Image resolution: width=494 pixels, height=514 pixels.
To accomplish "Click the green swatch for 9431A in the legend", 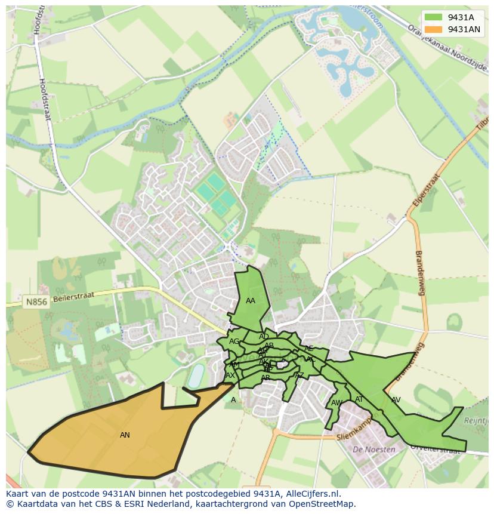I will point(433,17).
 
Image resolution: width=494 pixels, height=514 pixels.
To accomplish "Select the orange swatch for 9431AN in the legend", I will point(433,29).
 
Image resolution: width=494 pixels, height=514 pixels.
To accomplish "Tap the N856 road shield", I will point(36,303).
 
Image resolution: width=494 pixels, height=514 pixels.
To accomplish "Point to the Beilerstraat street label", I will point(74,297).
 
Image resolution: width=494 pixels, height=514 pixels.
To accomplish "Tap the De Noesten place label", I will point(374,450).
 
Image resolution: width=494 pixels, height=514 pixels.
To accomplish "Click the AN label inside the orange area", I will point(125,435).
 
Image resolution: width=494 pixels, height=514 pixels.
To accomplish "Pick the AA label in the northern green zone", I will point(251,301).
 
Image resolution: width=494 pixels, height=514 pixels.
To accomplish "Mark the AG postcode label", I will point(234,341).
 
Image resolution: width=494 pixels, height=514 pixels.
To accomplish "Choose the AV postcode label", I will point(396,400).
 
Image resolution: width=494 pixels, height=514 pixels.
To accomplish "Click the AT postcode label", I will point(359,399).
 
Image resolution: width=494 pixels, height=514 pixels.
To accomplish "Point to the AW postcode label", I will point(336,403).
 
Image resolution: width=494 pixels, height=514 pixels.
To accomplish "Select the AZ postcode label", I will point(300,376).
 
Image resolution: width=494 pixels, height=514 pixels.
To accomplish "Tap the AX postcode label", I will point(230,376).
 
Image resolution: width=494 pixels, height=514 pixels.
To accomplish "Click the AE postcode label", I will point(308,349).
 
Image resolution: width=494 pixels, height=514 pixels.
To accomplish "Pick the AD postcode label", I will point(264,337).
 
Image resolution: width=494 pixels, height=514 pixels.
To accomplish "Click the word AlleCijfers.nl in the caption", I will point(311,494).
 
